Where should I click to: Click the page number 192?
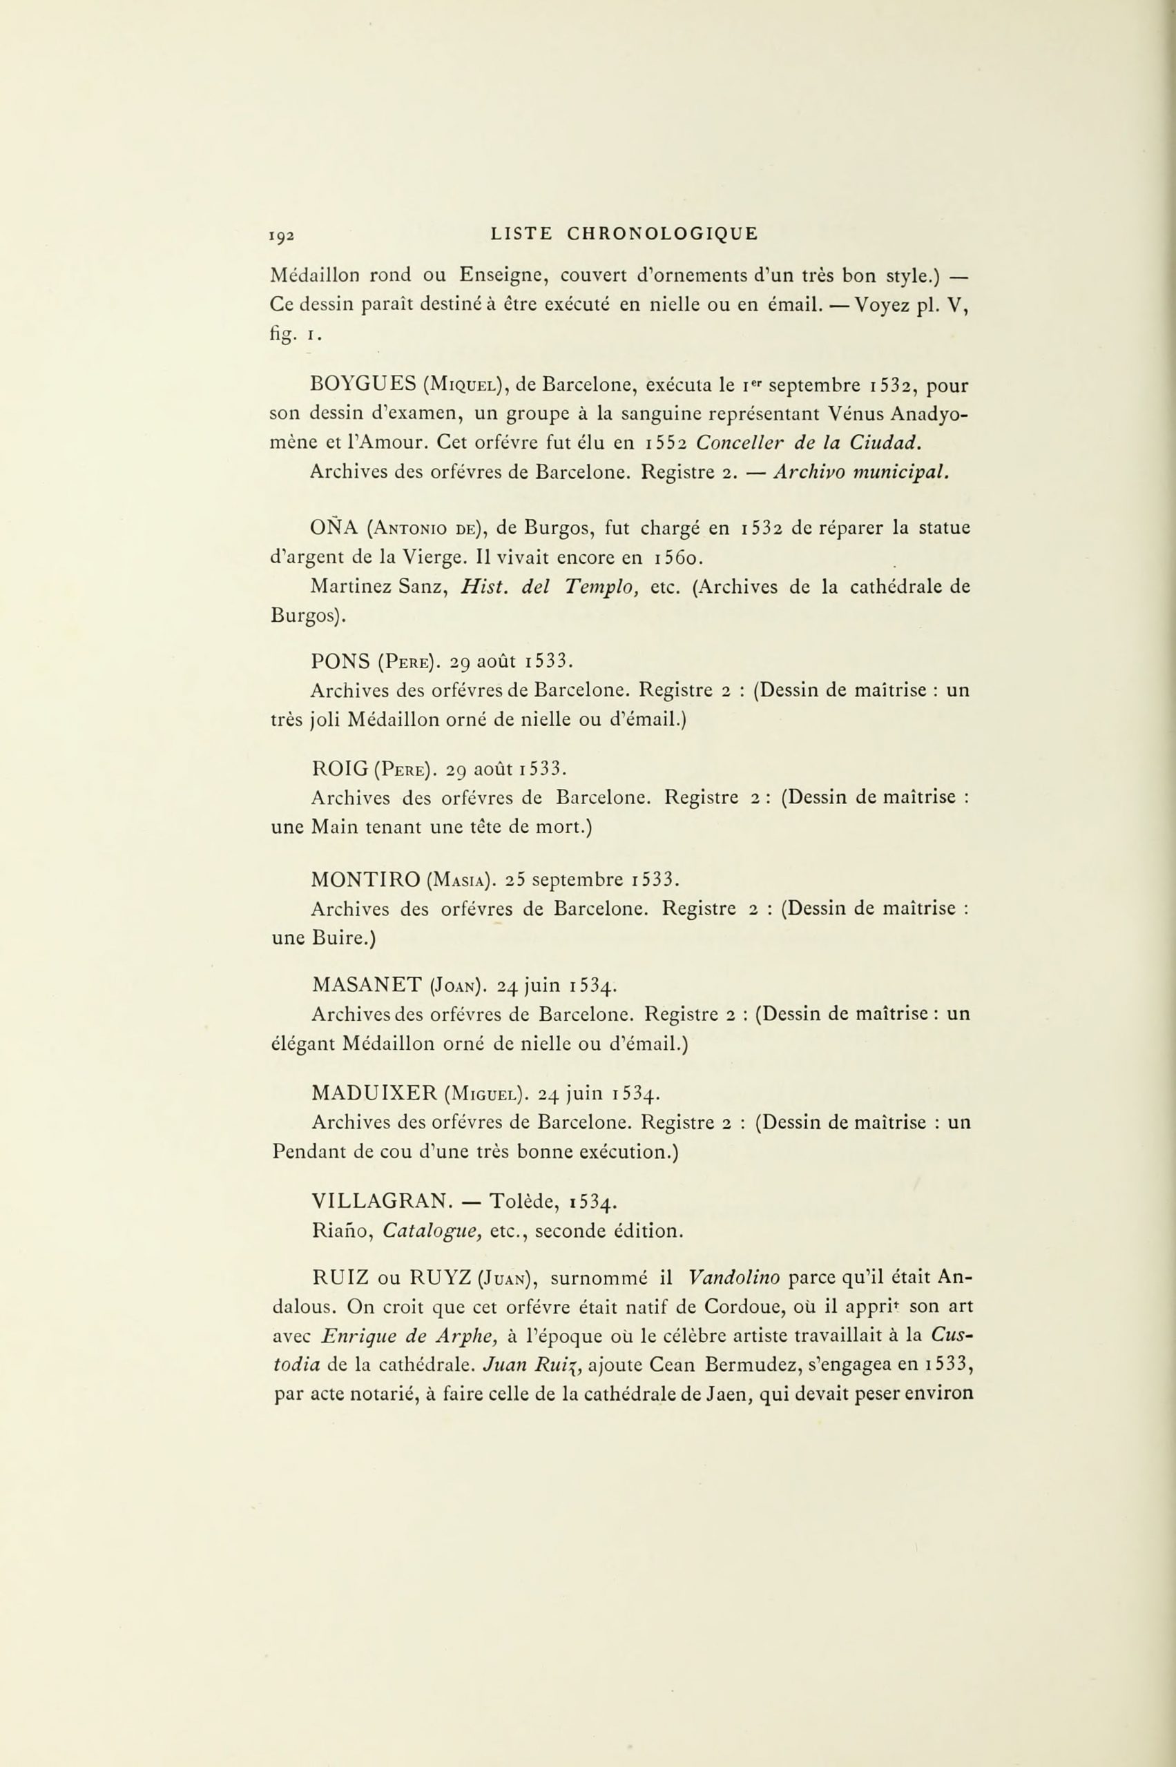(x=282, y=235)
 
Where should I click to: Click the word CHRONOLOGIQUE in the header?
(x=662, y=234)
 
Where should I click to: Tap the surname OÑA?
(x=333, y=528)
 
